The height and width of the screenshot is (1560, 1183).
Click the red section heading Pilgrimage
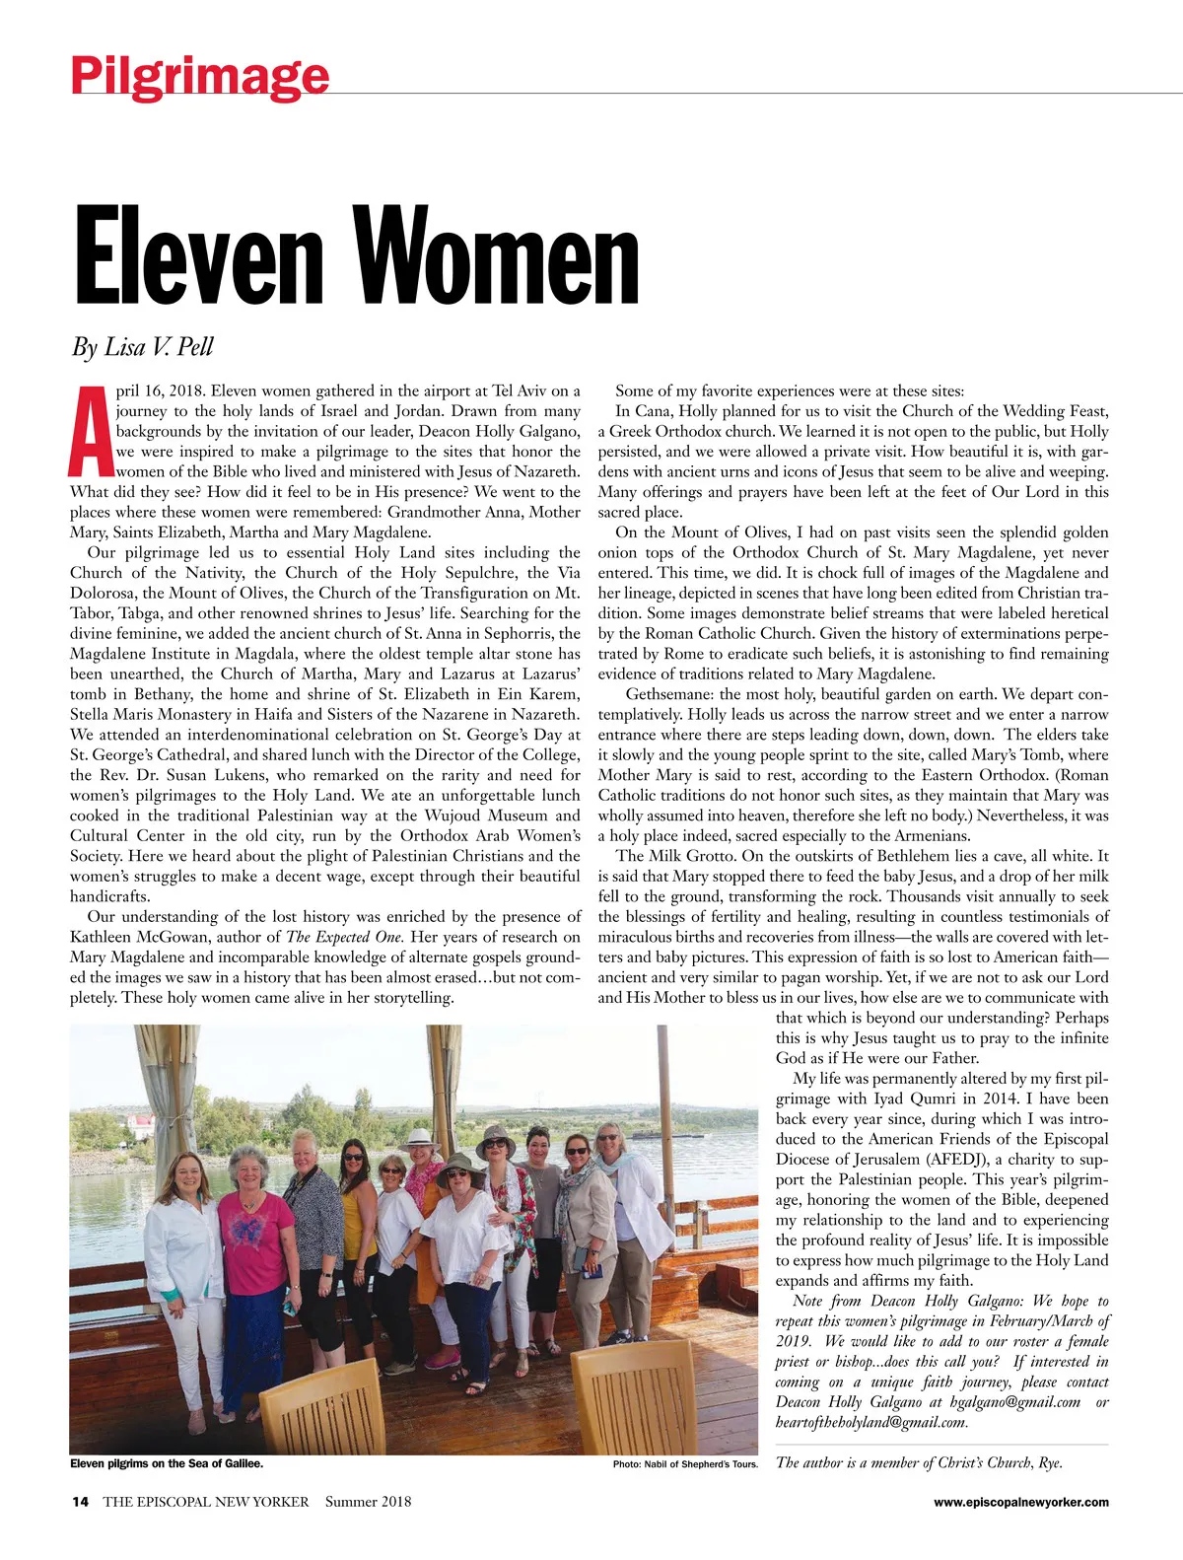[199, 75]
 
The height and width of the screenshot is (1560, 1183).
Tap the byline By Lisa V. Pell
[142, 347]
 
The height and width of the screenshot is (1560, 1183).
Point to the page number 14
[80, 1502]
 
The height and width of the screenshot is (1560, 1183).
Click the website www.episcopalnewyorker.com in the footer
[1020, 1502]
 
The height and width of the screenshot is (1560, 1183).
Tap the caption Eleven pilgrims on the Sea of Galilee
[167, 1463]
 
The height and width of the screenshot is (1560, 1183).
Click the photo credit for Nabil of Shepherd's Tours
[685, 1464]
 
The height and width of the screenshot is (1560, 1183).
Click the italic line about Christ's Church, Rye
[919, 1462]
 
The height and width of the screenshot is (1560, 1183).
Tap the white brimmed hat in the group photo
[421, 1138]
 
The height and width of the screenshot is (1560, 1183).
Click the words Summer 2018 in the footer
[368, 1502]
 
